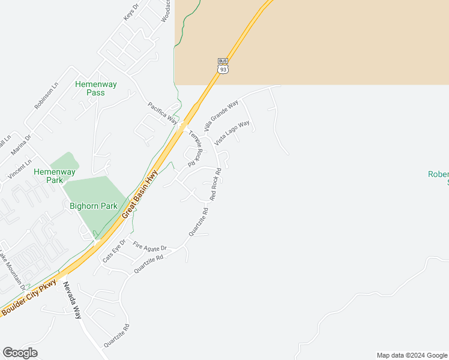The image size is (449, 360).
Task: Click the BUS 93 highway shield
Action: [223, 66]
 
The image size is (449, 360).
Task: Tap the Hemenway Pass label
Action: [90, 88]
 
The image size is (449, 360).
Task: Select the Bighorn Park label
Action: [93, 206]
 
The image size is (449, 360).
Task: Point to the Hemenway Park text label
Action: [55, 176]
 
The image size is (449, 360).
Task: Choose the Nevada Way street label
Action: [71, 299]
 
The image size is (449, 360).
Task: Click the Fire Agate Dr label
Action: [149, 246]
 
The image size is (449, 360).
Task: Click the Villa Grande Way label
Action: [221, 116]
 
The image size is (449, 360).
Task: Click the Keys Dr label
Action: [131, 13]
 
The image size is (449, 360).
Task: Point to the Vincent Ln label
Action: [19, 170]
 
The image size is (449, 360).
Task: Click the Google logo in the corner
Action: [20, 353]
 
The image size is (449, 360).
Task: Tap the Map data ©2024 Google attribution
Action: [411, 355]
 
